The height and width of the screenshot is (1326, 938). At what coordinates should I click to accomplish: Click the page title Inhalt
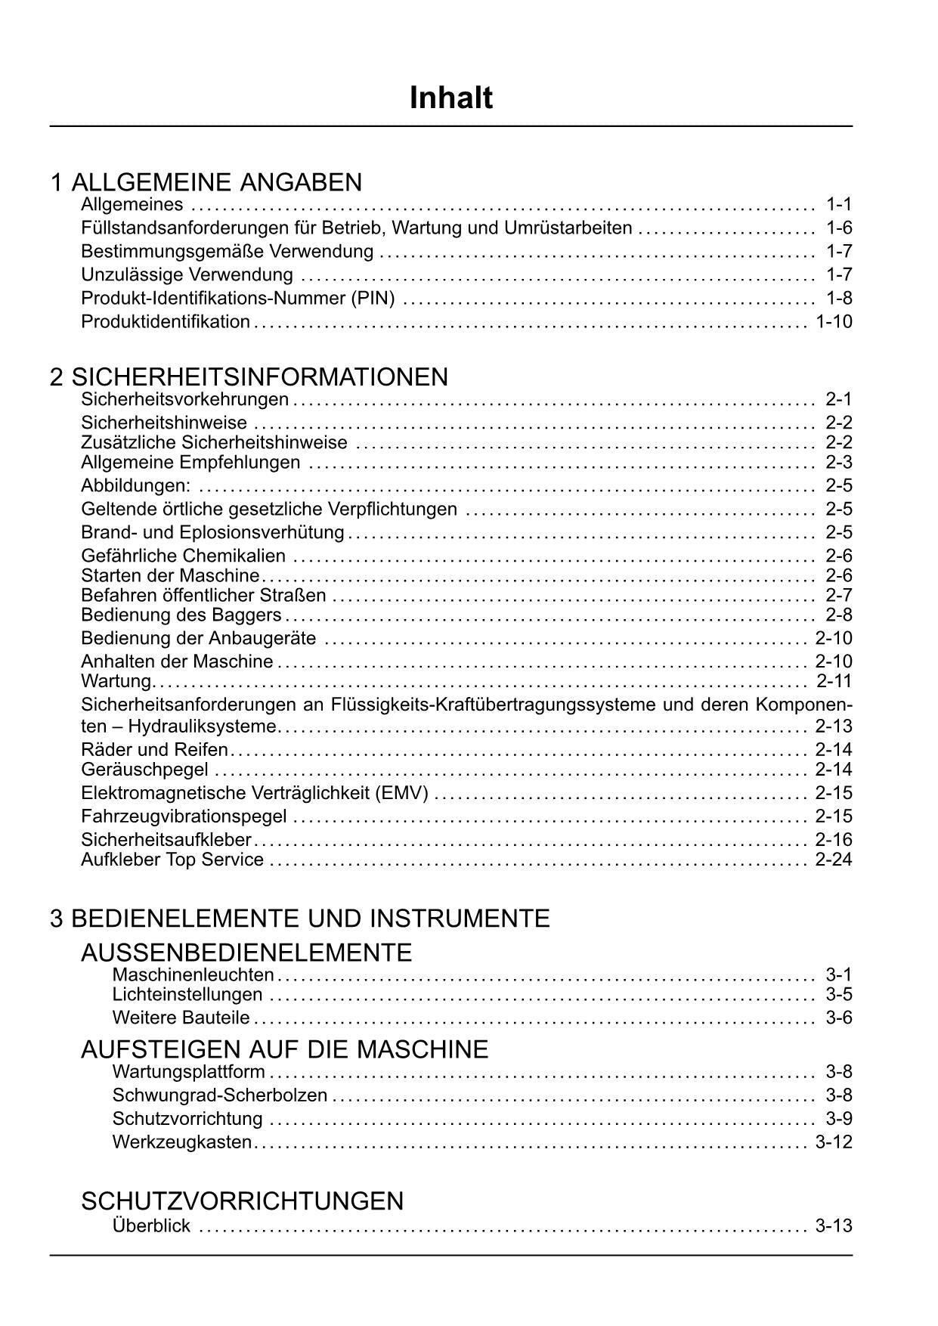[450, 98]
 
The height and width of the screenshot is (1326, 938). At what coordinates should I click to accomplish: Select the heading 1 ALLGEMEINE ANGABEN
[206, 182]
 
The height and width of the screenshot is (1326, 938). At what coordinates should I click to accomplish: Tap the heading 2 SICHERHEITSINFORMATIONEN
[249, 376]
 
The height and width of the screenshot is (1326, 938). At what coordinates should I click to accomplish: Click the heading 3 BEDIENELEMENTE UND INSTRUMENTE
[300, 919]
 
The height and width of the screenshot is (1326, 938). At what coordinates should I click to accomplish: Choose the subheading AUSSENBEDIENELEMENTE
[246, 953]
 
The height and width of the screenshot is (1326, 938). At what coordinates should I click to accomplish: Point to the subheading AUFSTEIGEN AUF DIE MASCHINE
[284, 1049]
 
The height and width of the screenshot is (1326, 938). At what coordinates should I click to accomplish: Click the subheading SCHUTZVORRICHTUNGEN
[242, 1201]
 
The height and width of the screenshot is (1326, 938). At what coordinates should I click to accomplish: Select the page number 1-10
[834, 321]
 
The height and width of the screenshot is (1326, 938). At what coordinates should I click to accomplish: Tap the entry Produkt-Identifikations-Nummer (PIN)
[238, 298]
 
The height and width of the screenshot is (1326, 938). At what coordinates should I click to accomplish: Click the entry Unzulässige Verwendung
[187, 274]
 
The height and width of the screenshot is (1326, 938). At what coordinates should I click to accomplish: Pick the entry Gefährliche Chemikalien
[183, 556]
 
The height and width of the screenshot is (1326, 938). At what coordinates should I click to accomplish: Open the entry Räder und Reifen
[154, 750]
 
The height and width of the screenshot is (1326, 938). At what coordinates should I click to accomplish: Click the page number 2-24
[834, 860]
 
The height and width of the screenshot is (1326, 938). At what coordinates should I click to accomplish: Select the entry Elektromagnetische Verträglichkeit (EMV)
[255, 793]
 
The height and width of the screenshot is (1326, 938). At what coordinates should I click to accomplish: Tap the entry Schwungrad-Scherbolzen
[219, 1095]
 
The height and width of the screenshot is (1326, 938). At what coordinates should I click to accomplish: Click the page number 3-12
[834, 1142]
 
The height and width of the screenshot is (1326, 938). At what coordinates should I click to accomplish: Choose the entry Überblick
[151, 1225]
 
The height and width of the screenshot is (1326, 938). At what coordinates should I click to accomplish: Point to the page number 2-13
[834, 727]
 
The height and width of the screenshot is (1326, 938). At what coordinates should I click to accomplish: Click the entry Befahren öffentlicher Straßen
[203, 595]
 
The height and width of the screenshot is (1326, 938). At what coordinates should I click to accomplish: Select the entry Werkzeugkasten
[181, 1142]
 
